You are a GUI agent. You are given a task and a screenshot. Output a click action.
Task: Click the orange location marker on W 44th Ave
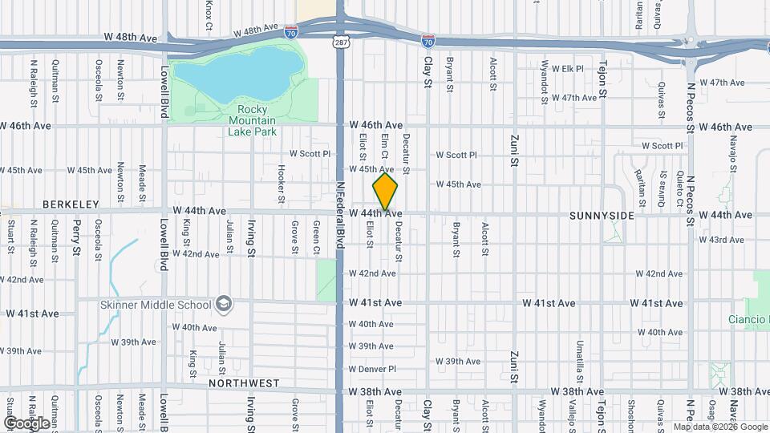point(386,192)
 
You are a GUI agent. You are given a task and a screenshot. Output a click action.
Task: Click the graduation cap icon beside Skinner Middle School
point(224,305)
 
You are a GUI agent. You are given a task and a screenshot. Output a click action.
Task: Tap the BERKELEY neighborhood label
point(71,204)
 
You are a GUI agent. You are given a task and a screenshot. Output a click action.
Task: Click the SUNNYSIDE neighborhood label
point(602,216)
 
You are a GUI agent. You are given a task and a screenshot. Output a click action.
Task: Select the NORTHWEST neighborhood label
point(244,383)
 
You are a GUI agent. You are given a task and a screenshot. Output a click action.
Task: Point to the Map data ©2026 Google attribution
point(720,427)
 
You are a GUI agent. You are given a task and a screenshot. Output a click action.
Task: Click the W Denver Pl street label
point(372,369)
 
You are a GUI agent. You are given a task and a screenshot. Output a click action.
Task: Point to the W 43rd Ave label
point(721,240)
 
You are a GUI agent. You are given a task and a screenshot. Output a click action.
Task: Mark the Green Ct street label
point(316,239)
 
